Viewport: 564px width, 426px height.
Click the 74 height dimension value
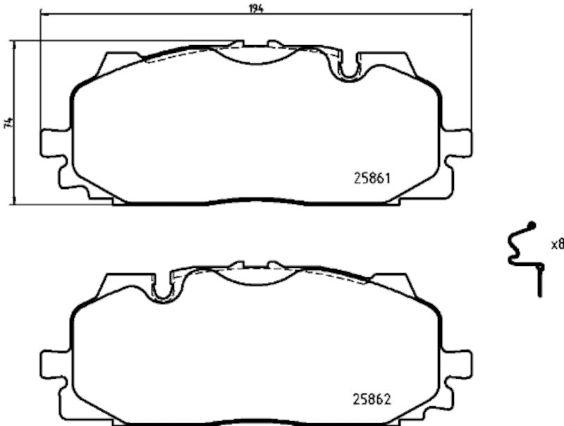pos(8,121)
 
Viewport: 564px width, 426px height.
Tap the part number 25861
pos(372,179)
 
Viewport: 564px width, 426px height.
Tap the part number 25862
pos(372,398)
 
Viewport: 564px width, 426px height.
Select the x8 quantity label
pos(557,245)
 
